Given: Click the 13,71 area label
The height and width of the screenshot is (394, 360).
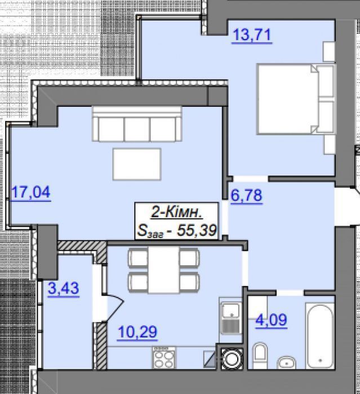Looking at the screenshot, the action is (x=252, y=35).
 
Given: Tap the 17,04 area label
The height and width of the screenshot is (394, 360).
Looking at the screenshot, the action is (x=30, y=192).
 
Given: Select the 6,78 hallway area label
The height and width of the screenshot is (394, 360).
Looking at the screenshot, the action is (x=246, y=195).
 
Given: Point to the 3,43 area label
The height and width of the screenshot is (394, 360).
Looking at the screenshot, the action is (x=64, y=288).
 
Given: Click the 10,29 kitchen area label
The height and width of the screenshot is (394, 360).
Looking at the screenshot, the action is (x=137, y=332).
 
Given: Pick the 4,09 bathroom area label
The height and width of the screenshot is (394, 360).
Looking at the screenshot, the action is (x=271, y=320).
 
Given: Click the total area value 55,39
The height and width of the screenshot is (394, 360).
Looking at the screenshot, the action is (x=197, y=230).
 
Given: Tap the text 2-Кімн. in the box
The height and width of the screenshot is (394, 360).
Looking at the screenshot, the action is (x=176, y=213).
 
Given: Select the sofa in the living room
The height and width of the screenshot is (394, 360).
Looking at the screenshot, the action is (x=137, y=124).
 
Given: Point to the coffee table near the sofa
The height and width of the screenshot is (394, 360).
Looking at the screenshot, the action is (x=137, y=164).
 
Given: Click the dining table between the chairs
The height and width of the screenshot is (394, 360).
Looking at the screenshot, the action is (x=164, y=270).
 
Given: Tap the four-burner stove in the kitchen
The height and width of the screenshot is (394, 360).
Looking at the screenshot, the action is (x=164, y=358).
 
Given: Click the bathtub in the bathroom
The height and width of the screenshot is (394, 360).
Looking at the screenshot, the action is (x=320, y=336).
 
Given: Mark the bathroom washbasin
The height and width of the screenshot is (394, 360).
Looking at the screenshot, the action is (x=286, y=362).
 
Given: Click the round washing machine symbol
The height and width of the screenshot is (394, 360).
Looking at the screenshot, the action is (x=232, y=359).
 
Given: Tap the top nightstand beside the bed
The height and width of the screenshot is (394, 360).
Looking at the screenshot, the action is (x=329, y=52).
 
